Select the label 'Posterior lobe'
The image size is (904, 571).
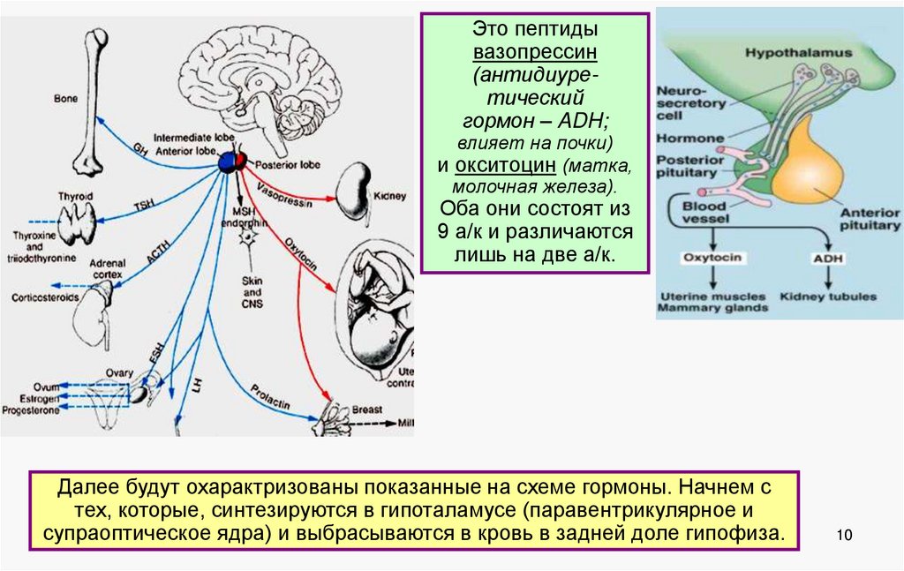tap(280, 165)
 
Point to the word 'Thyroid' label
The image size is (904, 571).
tap(75, 196)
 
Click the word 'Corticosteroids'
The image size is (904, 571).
tap(45, 297)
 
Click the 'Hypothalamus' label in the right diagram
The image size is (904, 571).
tap(799, 53)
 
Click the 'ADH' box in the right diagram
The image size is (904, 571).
tap(828, 259)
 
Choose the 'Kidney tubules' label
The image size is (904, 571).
tap(828, 297)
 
